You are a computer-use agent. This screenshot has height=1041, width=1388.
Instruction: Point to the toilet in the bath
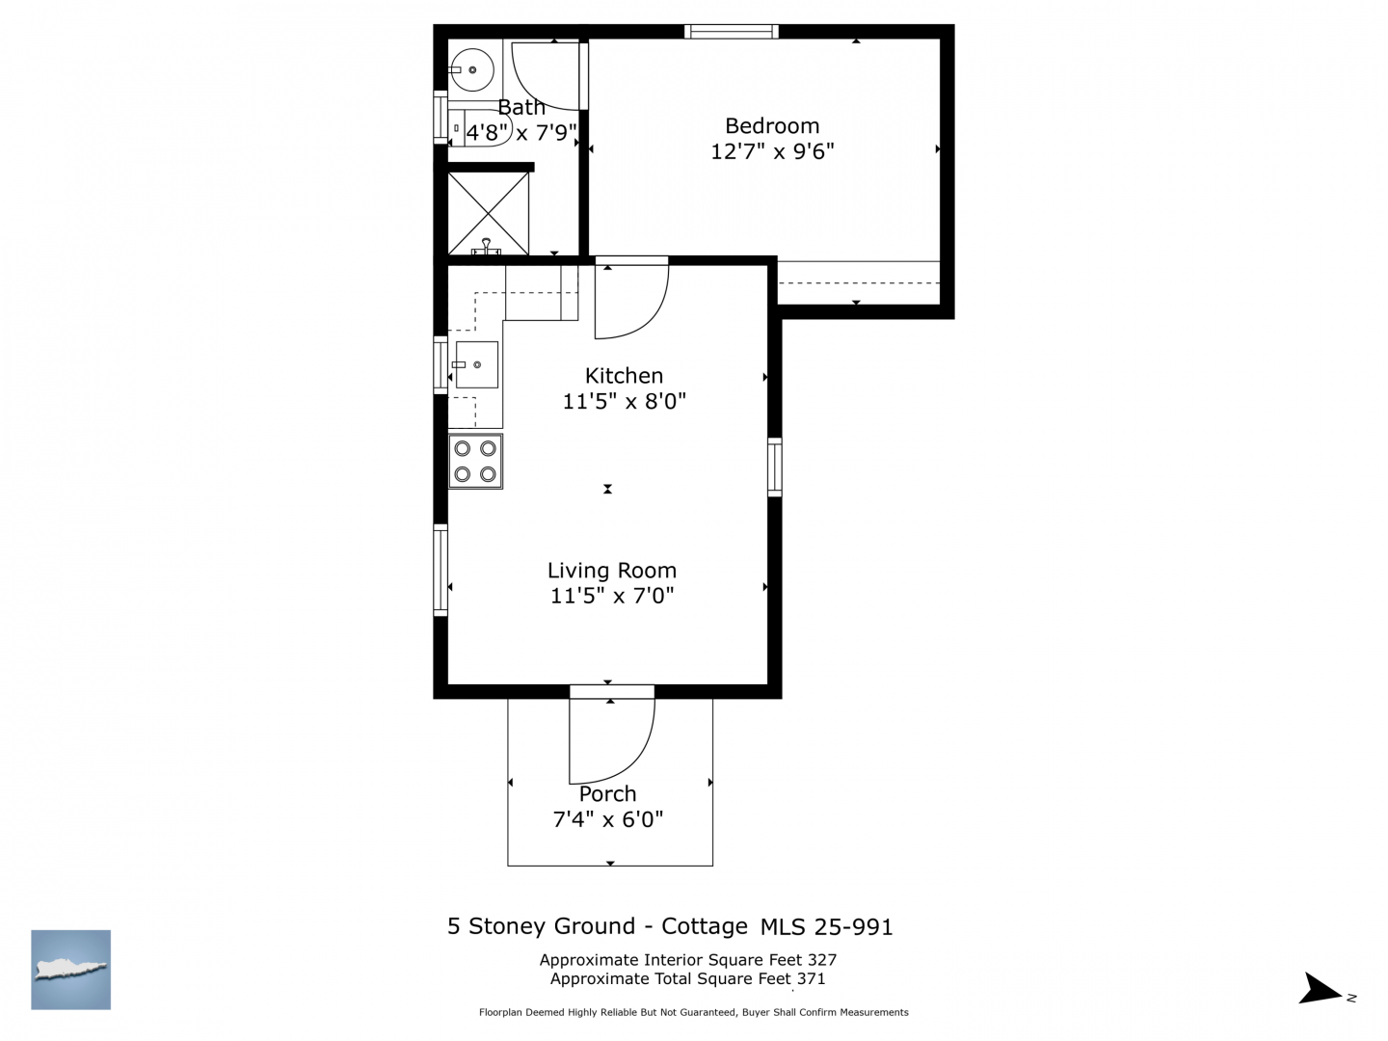tap(480, 127)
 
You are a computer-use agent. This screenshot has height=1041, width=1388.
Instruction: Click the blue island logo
tap(70, 970)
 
